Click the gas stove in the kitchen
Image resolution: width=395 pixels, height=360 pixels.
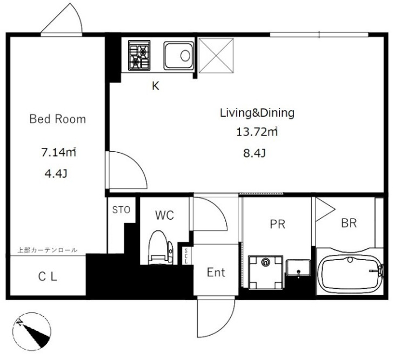(139, 56)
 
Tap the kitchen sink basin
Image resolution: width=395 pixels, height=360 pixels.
(179, 56)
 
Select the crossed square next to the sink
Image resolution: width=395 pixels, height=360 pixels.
(216, 56)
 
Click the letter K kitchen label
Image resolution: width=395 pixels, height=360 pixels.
(156, 86)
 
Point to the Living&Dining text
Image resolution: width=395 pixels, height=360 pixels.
(257, 113)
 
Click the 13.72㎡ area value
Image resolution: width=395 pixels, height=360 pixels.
(257, 132)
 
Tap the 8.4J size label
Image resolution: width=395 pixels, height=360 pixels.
(255, 153)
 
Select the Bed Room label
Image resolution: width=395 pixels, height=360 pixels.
(58, 119)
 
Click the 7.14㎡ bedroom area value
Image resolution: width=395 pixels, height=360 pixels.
(58, 152)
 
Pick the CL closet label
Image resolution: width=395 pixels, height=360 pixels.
(48, 277)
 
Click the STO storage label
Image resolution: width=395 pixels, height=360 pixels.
(121, 210)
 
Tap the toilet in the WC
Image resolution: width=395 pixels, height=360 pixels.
(160, 248)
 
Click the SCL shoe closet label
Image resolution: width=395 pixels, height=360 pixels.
(186, 256)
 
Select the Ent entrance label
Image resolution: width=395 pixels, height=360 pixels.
(216, 272)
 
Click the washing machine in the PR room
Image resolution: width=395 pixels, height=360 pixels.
(265, 273)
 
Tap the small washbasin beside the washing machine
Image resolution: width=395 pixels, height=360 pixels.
(298, 267)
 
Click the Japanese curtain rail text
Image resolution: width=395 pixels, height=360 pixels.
(47, 250)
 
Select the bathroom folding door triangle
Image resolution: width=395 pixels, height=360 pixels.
(325, 209)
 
